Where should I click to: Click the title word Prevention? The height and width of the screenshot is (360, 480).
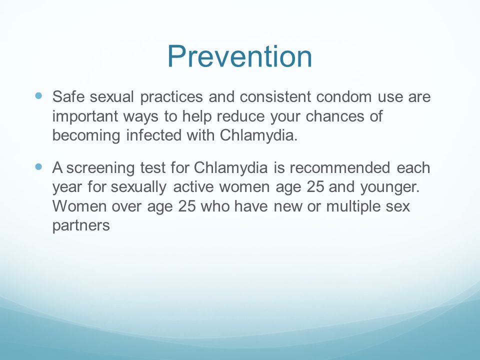coord(240,56)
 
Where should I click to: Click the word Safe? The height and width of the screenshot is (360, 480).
coord(67,96)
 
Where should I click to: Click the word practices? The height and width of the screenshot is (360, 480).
coord(172,96)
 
